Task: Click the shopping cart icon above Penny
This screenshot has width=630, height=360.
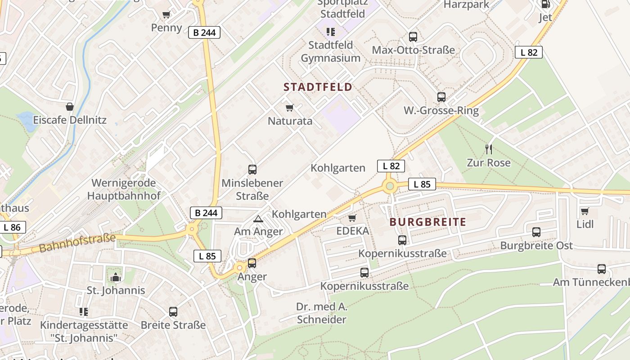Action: click(166, 14)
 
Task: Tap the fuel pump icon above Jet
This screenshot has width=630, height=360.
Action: click(545, 4)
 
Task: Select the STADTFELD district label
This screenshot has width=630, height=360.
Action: click(318, 87)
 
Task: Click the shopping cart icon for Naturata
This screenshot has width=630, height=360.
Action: click(290, 108)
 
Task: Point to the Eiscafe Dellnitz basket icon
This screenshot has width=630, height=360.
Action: click(70, 107)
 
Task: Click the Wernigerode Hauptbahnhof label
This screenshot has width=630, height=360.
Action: click(123, 189)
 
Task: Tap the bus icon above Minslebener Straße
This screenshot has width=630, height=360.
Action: click(252, 170)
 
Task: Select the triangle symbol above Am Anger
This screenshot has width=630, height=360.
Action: click(258, 219)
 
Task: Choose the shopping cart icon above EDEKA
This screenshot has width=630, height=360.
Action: click(352, 218)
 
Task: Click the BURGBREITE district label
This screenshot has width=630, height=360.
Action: click(427, 222)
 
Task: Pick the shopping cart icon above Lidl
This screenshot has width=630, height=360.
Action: click(585, 211)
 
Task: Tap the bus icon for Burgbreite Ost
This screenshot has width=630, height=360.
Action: click(536, 232)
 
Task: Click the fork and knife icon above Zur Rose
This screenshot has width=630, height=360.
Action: click(489, 149)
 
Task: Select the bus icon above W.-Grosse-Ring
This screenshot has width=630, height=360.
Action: click(441, 97)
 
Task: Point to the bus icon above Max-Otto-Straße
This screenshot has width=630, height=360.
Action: click(413, 37)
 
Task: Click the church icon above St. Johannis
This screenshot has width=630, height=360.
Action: click(116, 277)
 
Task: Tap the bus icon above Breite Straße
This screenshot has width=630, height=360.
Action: click(173, 311)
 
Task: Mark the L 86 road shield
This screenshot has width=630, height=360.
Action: click(12, 227)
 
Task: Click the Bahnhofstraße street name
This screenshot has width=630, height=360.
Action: click(77, 243)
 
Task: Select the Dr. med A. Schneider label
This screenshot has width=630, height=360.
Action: click(322, 313)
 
